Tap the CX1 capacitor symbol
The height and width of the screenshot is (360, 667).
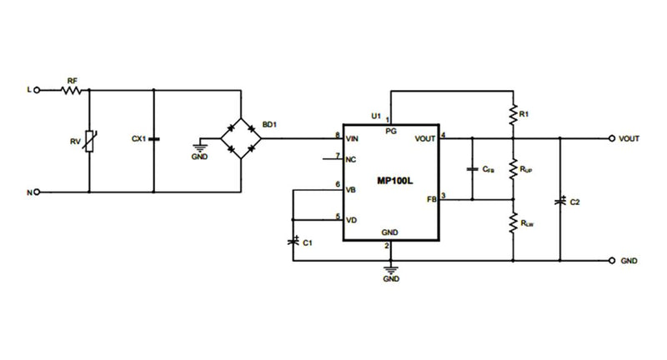155,137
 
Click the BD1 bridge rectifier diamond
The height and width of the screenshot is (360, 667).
241,137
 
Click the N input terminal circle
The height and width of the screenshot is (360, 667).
38,192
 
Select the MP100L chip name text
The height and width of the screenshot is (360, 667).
391,180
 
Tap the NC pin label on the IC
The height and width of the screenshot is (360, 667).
351,158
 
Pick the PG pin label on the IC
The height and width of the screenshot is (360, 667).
389,131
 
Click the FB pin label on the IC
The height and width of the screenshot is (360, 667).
432,200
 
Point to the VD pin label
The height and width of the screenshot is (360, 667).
352,220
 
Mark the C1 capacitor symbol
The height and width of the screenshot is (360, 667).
293,241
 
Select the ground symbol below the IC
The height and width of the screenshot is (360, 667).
389,270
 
